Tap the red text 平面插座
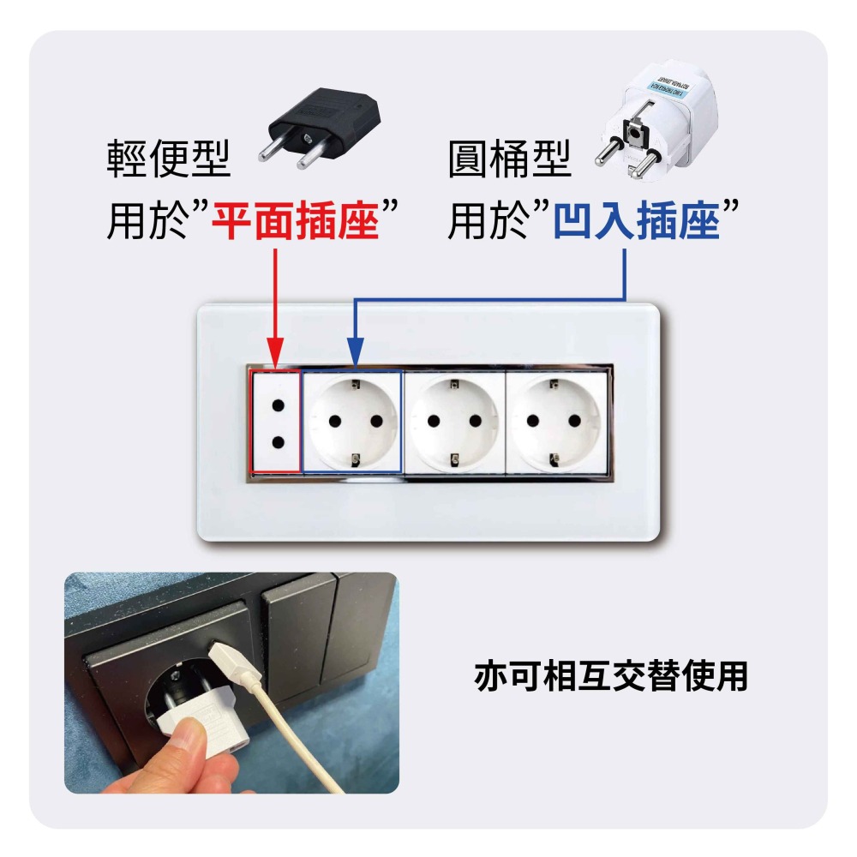tap(296, 219)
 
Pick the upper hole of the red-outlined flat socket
tap(275, 400)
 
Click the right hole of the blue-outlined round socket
tap(375, 421)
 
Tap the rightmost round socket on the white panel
tap(554, 421)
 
